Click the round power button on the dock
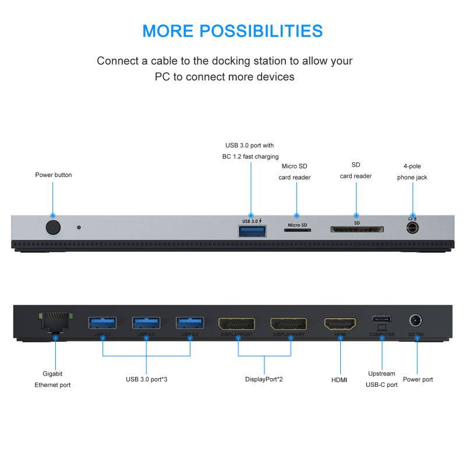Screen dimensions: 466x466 click(52, 227)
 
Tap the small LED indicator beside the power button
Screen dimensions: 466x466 click(79, 227)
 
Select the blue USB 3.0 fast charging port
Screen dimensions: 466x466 click(252, 231)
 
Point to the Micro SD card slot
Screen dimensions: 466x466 click(297, 230)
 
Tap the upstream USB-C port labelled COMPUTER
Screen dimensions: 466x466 click(382, 320)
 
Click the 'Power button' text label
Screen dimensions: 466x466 click(54, 175)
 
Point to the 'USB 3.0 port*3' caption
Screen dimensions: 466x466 click(147, 379)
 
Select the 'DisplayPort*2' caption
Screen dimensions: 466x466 click(264, 379)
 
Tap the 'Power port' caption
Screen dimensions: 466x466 click(419, 379)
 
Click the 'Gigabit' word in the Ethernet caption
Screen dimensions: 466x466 click(52, 373)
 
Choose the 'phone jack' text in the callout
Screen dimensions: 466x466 click(412, 177)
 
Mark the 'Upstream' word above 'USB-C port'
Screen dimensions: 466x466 click(382, 373)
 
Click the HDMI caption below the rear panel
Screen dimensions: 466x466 click(340, 380)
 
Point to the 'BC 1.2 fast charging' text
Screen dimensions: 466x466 click(250, 156)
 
